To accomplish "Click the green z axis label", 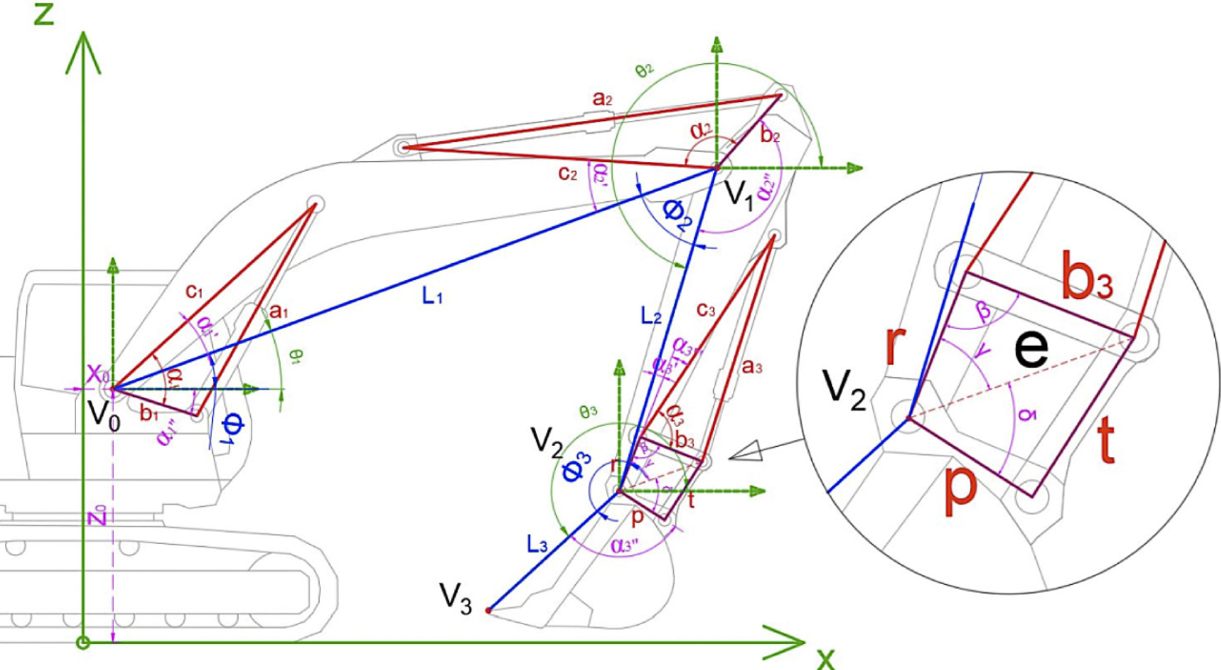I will (44, 13).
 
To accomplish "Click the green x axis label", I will (825, 658).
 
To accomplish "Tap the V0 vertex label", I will (104, 414).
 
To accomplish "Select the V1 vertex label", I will (738, 195).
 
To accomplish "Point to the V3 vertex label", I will (455, 598).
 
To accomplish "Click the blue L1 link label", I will (432, 297).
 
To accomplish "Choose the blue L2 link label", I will (651, 316).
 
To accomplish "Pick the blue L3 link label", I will (537, 544).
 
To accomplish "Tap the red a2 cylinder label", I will (602, 98).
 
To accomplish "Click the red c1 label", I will (194, 291).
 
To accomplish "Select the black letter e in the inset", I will (1031, 349).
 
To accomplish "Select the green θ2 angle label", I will (644, 71).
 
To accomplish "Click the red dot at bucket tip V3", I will (488, 610).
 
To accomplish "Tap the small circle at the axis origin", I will (83, 642).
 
